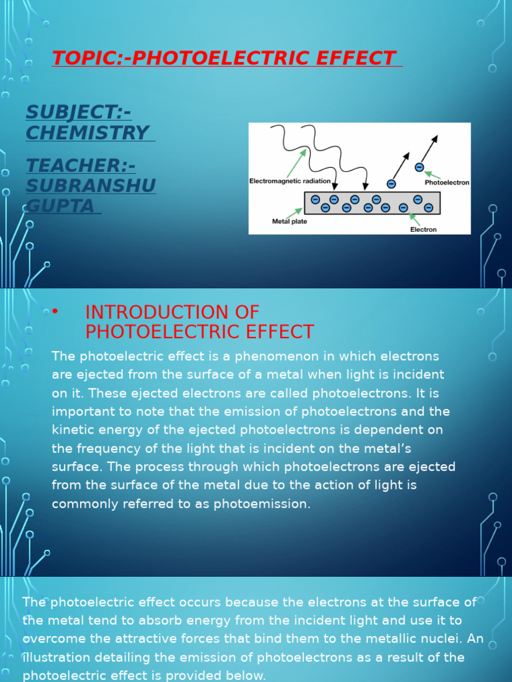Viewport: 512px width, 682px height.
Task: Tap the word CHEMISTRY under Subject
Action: [x=87, y=133]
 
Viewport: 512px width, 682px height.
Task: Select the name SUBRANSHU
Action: [x=91, y=186]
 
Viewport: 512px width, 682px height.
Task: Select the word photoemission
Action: [x=262, y=504]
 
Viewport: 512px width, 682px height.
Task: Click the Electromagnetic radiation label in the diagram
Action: [x=289, y=181]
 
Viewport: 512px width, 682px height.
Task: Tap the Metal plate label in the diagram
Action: [x=289, y=221]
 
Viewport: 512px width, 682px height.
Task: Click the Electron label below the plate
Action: [x=423, y=230]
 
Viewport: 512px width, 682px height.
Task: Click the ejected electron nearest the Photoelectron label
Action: [x=419, y=167]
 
